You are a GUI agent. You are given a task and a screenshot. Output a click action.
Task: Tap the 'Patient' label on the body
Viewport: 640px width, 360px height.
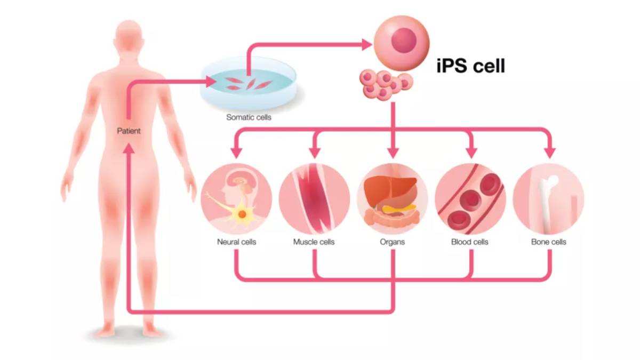click(129, 130)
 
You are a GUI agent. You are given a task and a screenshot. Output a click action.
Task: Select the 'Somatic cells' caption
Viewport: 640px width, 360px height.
click(249, 117)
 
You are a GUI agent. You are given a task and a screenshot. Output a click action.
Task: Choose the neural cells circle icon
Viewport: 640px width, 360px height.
click(237, 198)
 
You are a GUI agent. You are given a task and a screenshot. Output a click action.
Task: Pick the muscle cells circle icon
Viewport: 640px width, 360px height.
click(315, 198)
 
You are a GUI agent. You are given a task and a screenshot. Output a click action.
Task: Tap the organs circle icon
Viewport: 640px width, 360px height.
click(393, 198)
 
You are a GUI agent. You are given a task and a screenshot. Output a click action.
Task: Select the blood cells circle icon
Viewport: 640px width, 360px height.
click(470, 198)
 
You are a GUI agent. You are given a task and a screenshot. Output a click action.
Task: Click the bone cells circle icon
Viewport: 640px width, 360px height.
click(548, 198)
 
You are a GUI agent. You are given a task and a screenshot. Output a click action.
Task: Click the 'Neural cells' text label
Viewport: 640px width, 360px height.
click(237, 242)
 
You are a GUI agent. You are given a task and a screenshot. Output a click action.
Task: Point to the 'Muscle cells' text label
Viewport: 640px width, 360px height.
click(314, 242)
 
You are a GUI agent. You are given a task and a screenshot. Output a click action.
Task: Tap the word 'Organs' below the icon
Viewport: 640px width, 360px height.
click(393, 242)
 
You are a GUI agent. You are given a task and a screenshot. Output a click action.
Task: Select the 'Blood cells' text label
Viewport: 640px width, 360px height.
click(470, 242)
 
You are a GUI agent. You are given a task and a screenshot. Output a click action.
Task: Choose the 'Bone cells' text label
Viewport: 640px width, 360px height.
click(548, 242)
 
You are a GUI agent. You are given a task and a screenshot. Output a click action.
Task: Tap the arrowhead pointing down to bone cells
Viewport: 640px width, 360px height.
click(548, 153)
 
